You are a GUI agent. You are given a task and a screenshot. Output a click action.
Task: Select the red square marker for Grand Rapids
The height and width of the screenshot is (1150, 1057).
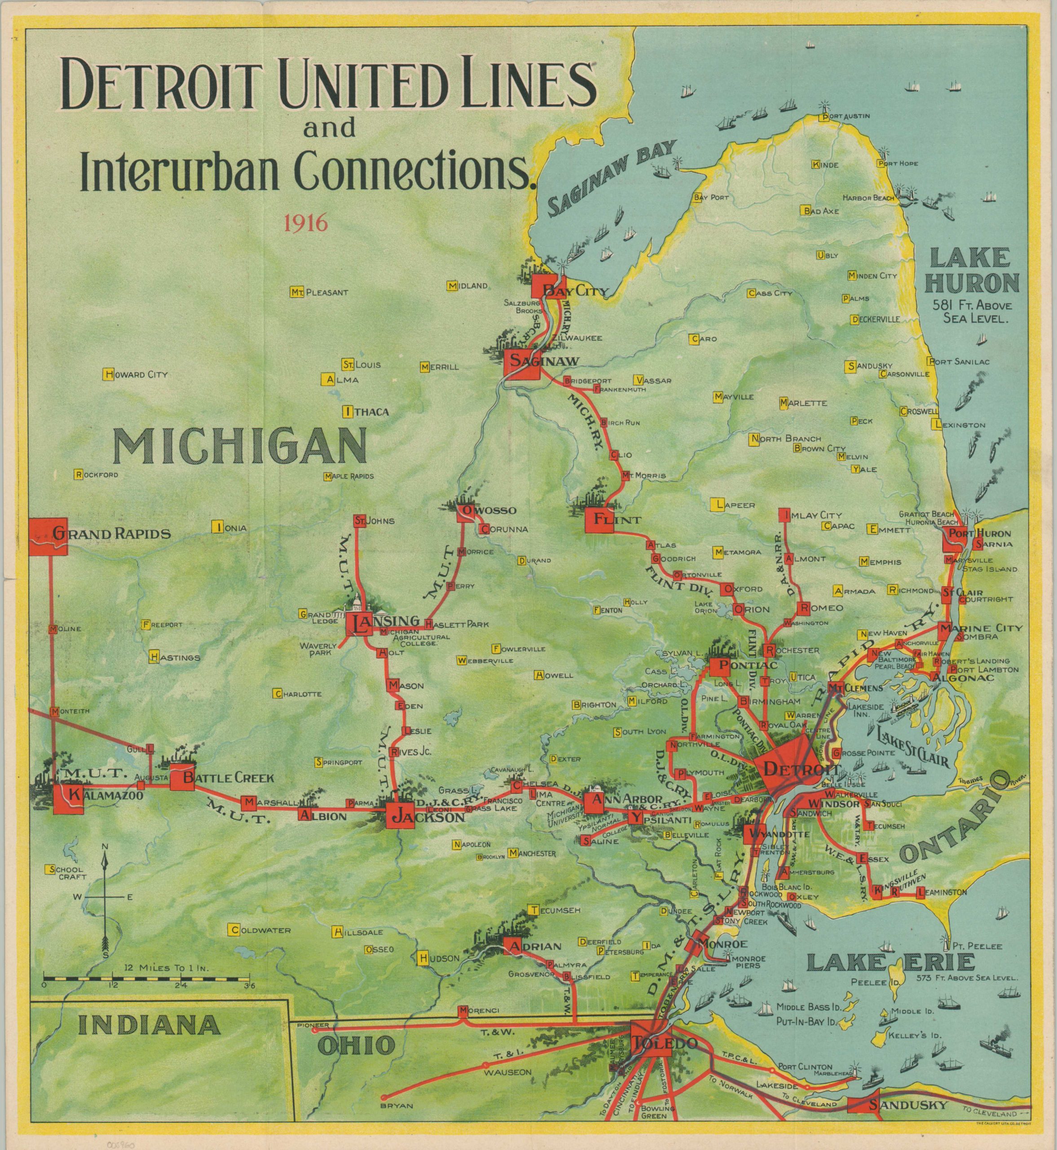point(48,537)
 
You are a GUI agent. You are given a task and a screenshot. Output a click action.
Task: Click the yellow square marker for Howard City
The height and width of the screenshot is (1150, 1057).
point(107,375)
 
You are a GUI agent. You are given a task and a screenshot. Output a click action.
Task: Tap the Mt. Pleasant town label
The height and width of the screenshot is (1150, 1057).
point(325,292)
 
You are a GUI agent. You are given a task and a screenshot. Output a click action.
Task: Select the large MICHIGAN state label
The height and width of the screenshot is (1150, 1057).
point(240,447)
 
